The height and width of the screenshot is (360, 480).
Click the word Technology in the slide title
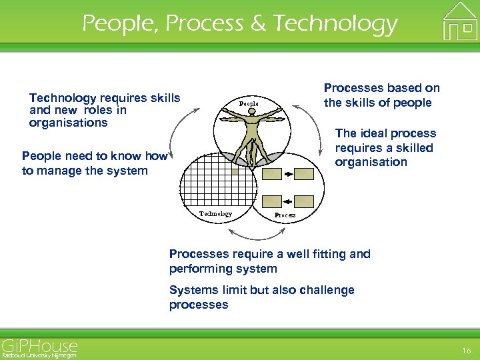[335, 24]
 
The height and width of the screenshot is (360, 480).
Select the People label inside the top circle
[249, 104]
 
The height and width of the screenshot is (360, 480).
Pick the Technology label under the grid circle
[216, 214]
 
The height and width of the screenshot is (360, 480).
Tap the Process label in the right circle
[285, 216]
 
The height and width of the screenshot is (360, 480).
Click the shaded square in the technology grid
[235, 171]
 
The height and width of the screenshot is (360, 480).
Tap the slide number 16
[465, 350]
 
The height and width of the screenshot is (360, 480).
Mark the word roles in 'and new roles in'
[93, 110]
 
